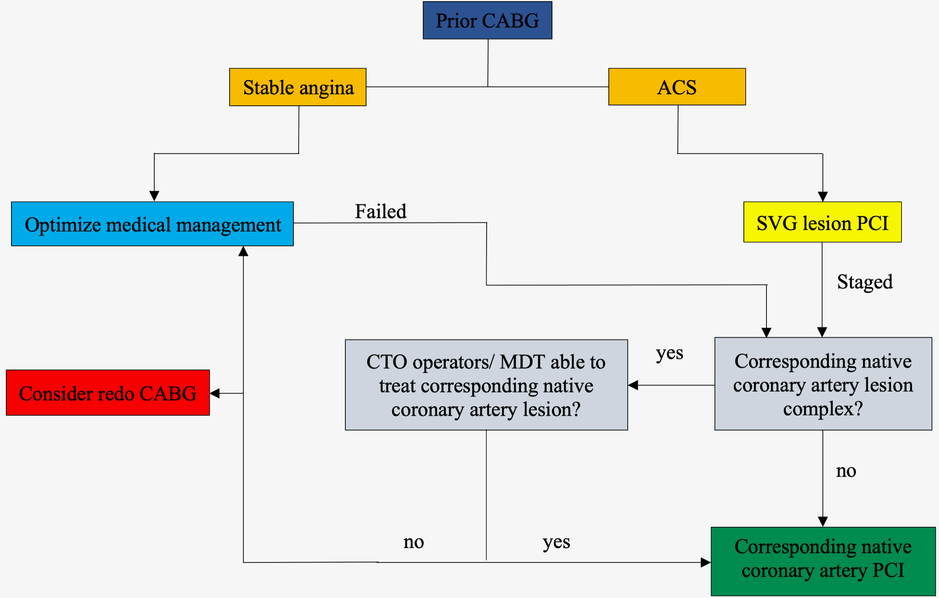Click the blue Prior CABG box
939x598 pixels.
[487, 20]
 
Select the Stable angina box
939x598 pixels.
[298, 87]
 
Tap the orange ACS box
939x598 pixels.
[677, 87]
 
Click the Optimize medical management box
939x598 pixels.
[152, 224]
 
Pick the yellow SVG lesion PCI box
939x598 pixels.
[822, 222]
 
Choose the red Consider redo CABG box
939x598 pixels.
[108, 393]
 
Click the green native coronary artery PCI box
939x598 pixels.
[823, 561]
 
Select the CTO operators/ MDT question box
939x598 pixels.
[486, 385]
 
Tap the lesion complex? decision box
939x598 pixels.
[823, 384]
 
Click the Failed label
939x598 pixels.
[380, 211]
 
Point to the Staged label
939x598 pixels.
[864, 282]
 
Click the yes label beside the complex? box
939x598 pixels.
[669, 353]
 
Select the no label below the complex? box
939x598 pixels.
[846, 471]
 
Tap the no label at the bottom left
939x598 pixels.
[414, 542]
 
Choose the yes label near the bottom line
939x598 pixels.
[556, 542]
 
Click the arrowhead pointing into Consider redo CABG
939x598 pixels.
[215, 393]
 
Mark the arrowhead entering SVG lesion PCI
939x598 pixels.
[823, 197]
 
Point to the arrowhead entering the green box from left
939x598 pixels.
[705, 562]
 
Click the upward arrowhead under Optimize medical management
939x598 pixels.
[243, 251]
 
